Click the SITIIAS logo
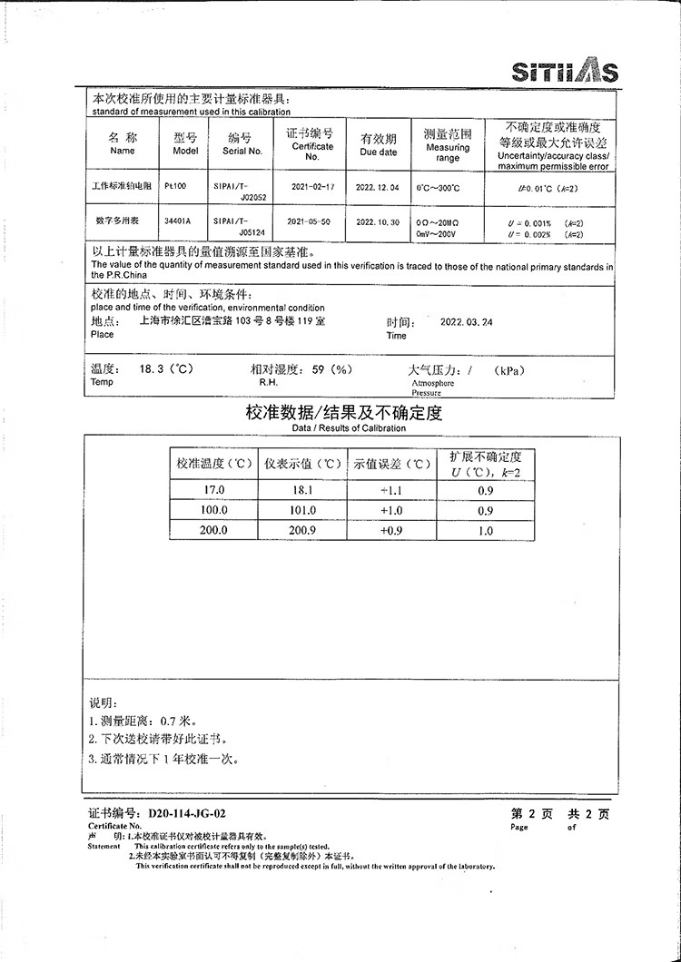[x=564, y=71]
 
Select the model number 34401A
[x=177, y=221]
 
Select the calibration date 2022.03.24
[x=467, y=322]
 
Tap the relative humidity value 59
[x=319, y=370]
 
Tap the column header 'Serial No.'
[x=242, y=152]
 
